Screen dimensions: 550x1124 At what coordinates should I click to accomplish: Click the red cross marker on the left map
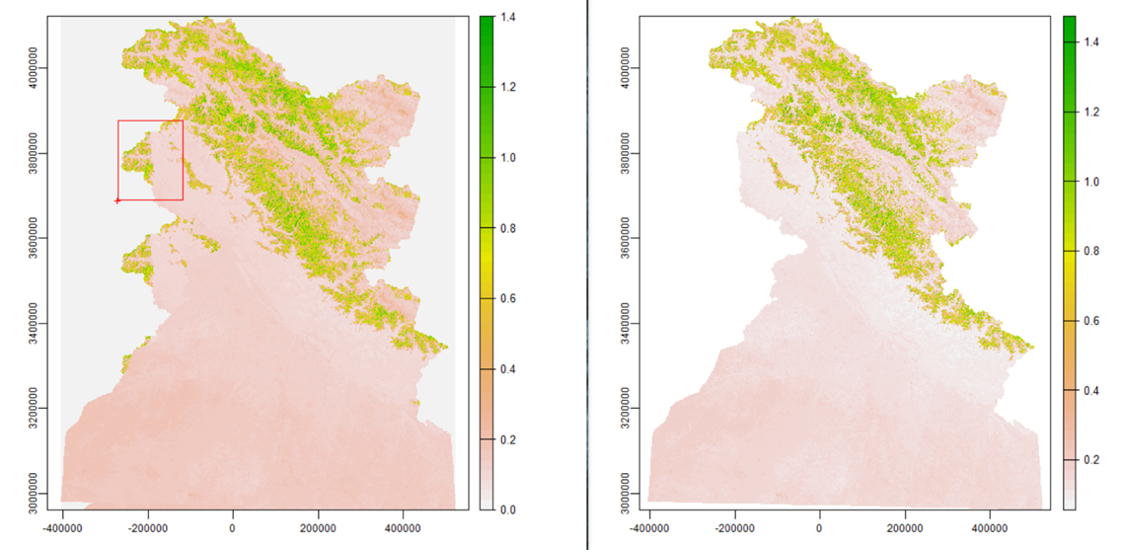pos(117,200)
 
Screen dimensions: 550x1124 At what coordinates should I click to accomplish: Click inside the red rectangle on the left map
pos(150,160)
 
